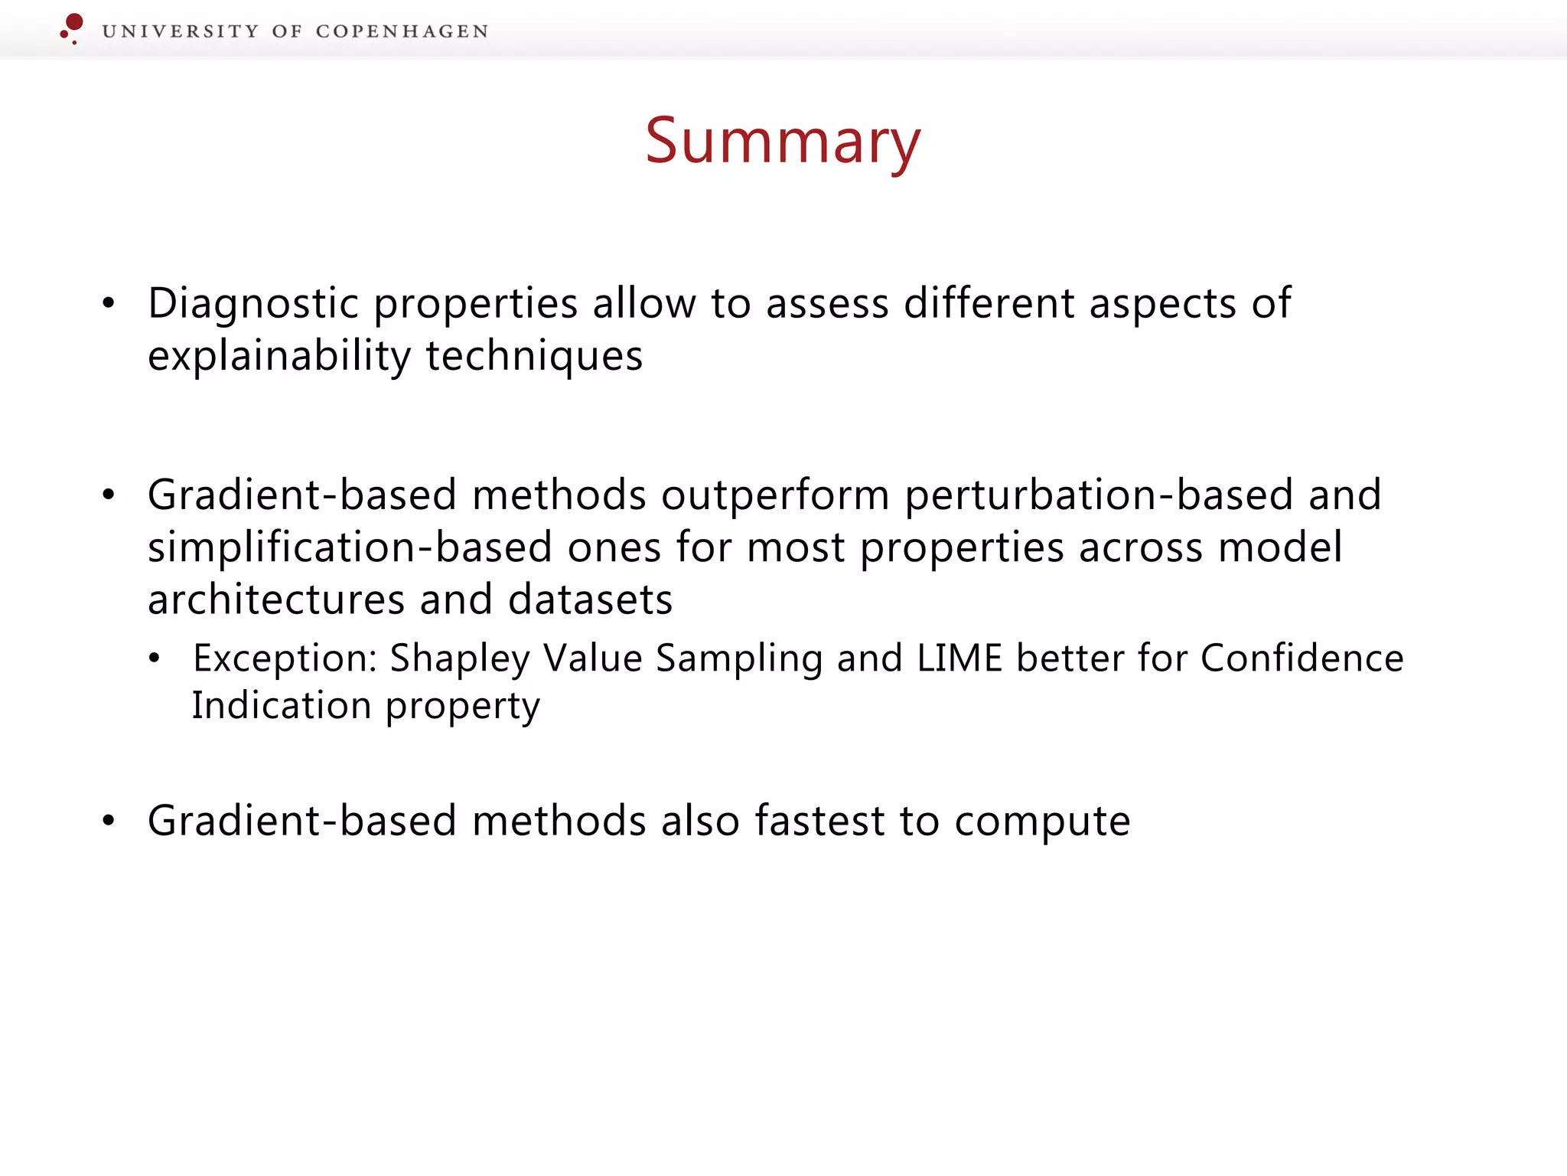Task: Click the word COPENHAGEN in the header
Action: pyautogui.click(x=402, y=31)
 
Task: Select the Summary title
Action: pyautogui.click(x=783, y=142)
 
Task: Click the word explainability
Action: pyautogui.click(x=279, y=357)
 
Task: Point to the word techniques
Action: pyautogui.click(x=534, y=357)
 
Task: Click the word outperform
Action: pyautogui.click(x=775, y=495)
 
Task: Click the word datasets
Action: pyautogui.click(x=590, y=599)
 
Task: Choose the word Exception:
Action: pyautogui.click(x=285, y=658)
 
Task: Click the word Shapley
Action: pyautogui.click(x=459, y=658)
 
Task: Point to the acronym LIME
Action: pyautogui.click(x=959, y=658)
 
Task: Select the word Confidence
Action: pyautogui.click(x=1301, y=658)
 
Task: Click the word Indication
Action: pyautogui.click(x=281, y=706)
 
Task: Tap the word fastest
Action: pyautogui.click(x=819, y=821)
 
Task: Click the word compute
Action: pyautogui.click(x=1042, y=822)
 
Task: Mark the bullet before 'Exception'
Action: pyautogui.click(x=155, y=658)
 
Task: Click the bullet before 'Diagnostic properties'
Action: pyautogui.click(x=109, y=303)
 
